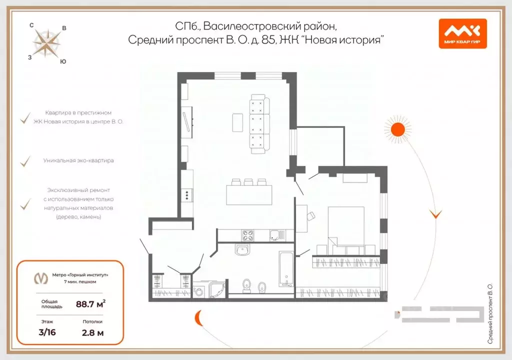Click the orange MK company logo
click(x=462, y=33)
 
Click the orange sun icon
click(x=397, y=129)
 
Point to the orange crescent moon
click(x=198, y=316)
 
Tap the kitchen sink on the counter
click(x=275, y=234)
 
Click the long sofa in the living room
click(x=259, y=124)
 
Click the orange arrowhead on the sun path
click(x=436, y=214)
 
